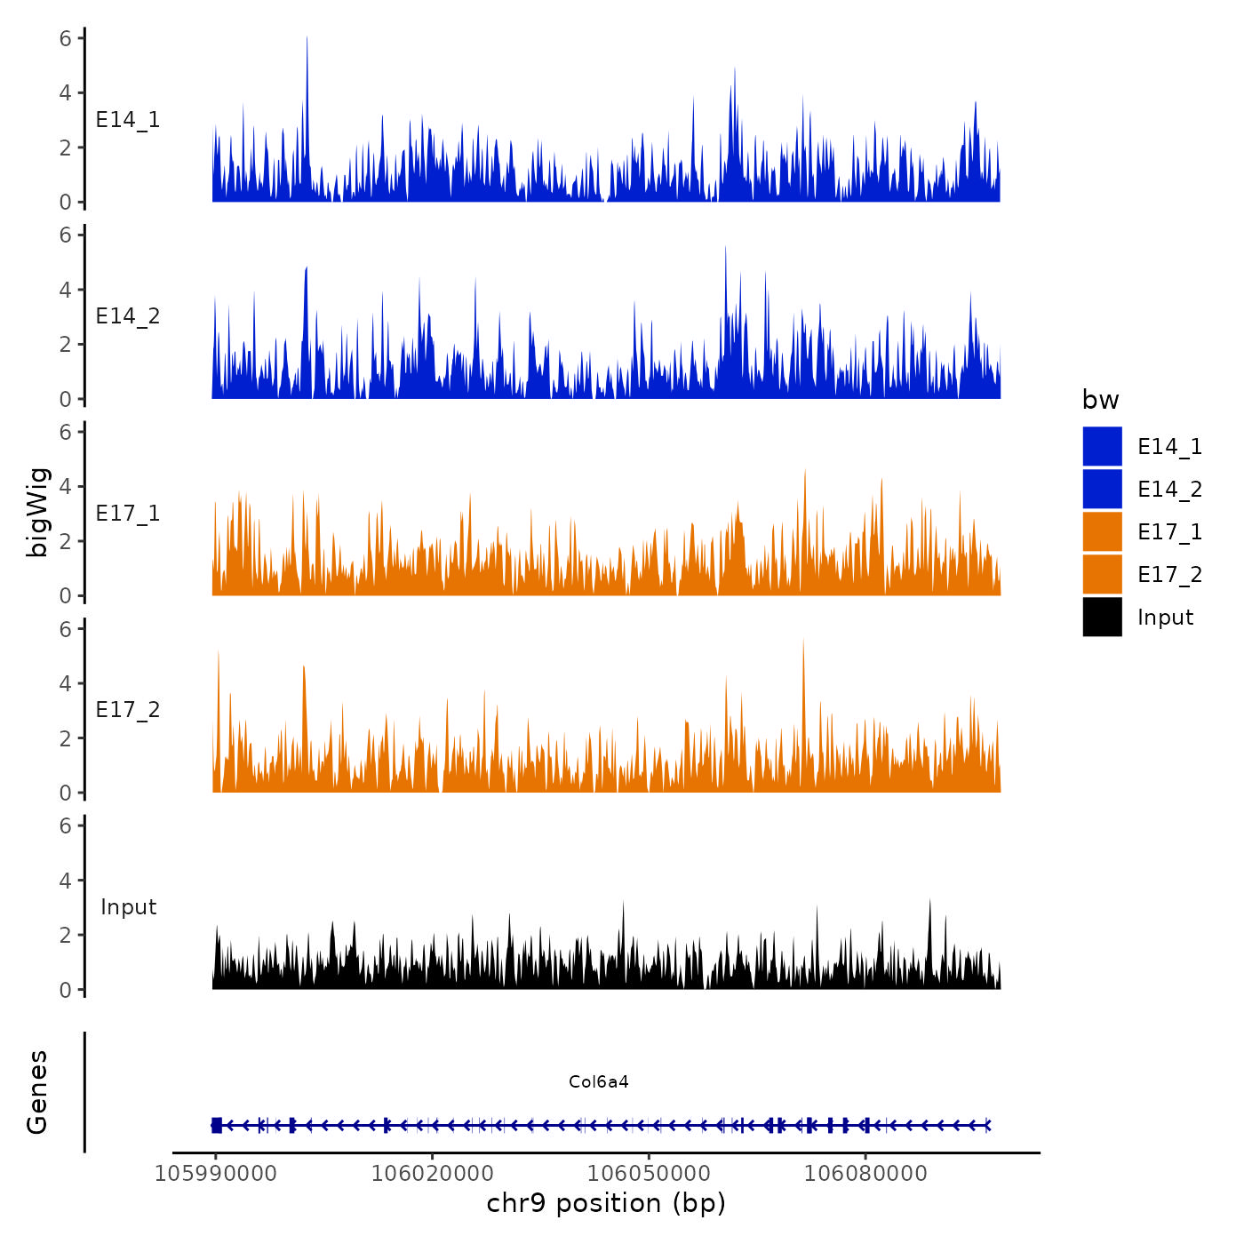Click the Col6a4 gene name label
click(x=599, y=1081)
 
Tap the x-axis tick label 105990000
click(x=215, y=1173)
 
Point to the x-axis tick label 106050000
click(x=649, y=1173)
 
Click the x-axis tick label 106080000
click(x=865, y=1173)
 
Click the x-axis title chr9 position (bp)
click(x=606, y=1203)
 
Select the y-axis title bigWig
click(x=37, y=513)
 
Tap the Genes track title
click(x=37, y=1092)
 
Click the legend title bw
click(x=1100, y=400)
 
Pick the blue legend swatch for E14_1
click(x=1102, y=446)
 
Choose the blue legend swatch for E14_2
click(x=1102, y=489)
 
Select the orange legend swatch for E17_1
click(x=1102, y=531)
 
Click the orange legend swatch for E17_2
click(x=1102, y=574)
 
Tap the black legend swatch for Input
click(x=1102, y=617)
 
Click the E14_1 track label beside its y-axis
click(x=128, y=120)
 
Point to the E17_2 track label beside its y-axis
click(x=128, y=710)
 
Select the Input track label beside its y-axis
click(x=128, y=907)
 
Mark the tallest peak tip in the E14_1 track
click(x=307, y=37)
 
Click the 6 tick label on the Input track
click(x=65, y=825)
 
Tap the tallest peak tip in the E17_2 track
click(x=803, y=640)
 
